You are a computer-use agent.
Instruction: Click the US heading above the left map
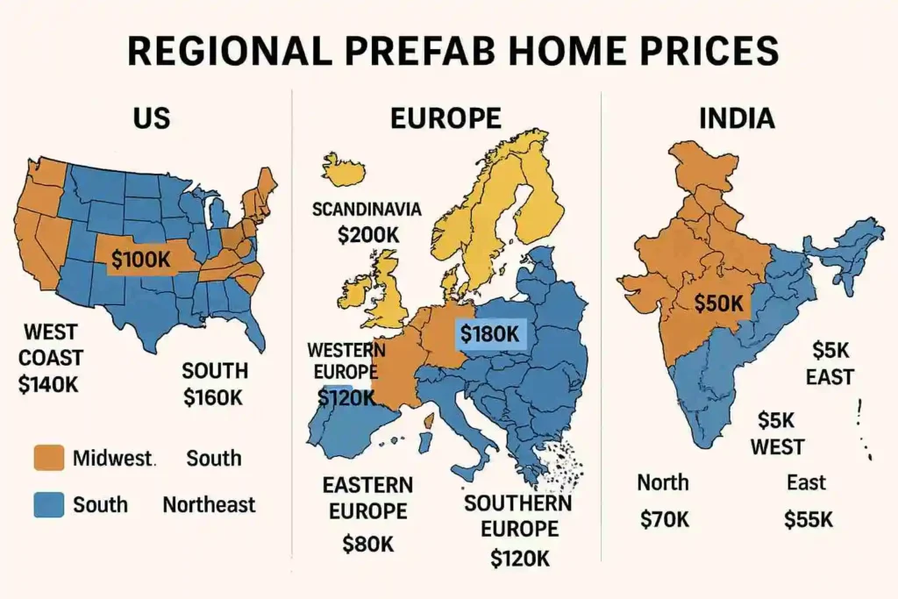click(x=151, y=118)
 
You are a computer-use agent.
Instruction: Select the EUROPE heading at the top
click(x=445, y=118)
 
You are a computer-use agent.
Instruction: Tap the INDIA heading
click(x=736, y=118)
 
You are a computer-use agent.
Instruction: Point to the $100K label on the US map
click(x=140, y=259)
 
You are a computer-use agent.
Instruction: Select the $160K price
click(x=214, y=396)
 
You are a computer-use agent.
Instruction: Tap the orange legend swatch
click(x=48, y=458)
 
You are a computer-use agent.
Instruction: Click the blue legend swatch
click(x=48, y=504)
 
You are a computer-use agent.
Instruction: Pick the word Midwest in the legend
click(x=113, y=458)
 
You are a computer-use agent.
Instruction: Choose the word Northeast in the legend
click(x=209, y=504)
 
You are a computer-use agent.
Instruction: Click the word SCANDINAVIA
click(x=367, y=210)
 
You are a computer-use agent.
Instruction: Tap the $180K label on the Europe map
click(x=489, y=333)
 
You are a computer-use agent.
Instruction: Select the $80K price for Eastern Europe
click(x=367, y=544)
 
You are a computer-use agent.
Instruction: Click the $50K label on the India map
click(x=718, y=303)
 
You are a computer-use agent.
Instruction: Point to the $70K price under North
click(x=664, y=519)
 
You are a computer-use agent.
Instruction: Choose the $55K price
click(x=808, y=519)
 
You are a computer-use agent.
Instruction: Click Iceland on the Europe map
click(x=344, y=170)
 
